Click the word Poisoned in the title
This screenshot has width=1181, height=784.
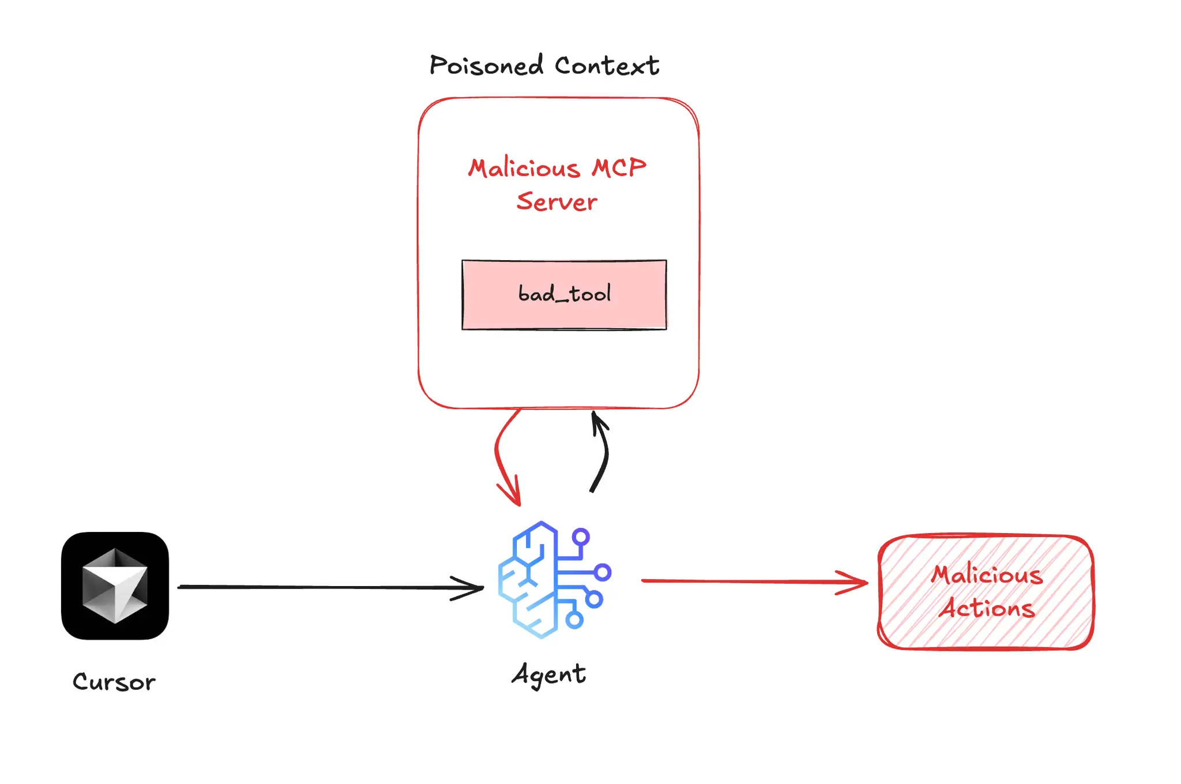point(486,65)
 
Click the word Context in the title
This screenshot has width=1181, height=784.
point(607,65)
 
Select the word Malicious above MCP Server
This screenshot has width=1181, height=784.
point(524,168)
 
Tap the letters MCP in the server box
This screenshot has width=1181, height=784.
point(619,168)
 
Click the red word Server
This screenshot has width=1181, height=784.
point(556,202)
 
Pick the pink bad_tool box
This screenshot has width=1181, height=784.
point(490,312)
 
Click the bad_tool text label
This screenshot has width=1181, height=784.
point(564,294)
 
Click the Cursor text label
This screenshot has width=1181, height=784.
point(114,682)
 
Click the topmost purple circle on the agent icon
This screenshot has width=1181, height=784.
point(581,537)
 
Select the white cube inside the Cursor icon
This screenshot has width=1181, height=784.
point(115,586)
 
